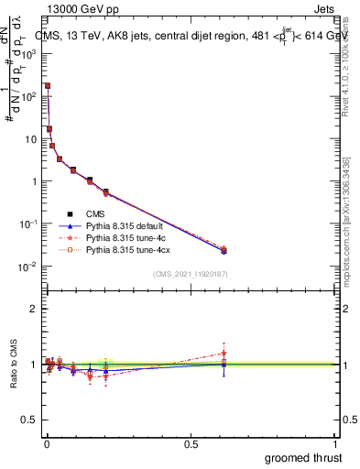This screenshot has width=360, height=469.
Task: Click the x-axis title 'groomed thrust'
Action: pyautogui.click(x=302, y=457)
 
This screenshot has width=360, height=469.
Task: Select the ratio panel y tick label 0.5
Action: pyautogui.click(x=29, y=420)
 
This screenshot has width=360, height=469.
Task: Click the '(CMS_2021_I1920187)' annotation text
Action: pyautogui.click(x=190, y=273)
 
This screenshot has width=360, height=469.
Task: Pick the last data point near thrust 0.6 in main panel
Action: pyautogui.click(x=224, y=249)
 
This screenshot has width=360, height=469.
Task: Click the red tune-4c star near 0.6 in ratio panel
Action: pyautogui.click(x=224, y=353)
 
